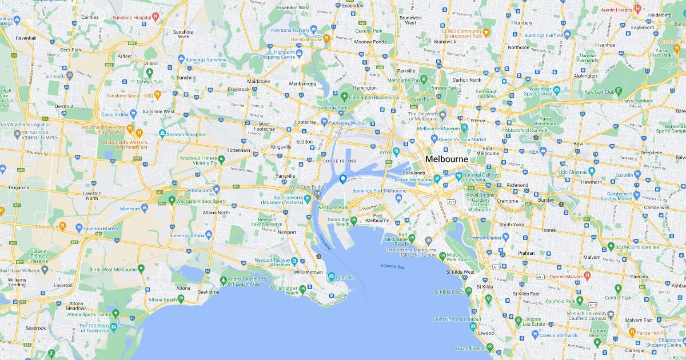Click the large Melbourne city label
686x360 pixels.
(446, 159)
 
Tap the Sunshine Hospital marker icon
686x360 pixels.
(155, 17)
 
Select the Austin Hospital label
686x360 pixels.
(616, 10)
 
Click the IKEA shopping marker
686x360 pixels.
(543, 151)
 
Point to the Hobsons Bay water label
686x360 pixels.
(392, 267)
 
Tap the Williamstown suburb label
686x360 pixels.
(309, 272)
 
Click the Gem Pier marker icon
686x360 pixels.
(331, 277)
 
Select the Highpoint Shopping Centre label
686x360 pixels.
(277, 54)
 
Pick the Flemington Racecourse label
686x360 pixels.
(375, 98)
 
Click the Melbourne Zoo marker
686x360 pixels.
(424, 79)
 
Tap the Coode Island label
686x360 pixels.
(340, 162)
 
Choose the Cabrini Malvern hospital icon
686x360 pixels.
(587, 277)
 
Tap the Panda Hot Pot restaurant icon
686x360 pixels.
(632, 331)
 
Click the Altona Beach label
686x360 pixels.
(162, 299)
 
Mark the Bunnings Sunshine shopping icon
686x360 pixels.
(181, 59)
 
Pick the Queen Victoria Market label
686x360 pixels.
(462, 139)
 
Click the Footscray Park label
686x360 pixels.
(335, 107)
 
